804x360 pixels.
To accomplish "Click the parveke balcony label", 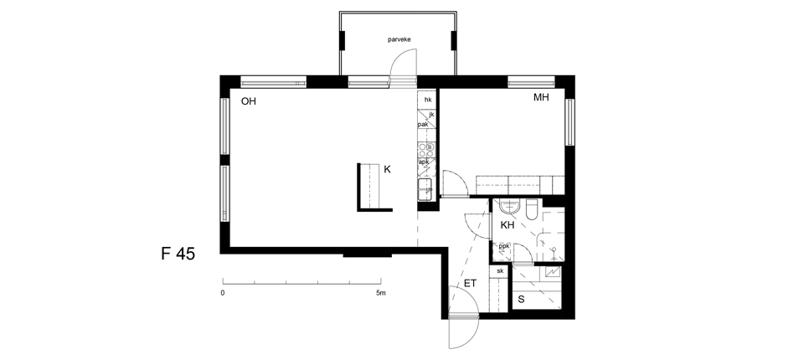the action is [x=399, y=39].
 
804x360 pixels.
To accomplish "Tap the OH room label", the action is [x=249, y=101].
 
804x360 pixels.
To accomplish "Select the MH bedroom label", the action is [x=541, y=97].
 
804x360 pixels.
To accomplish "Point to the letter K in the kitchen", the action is [x=387, y=169].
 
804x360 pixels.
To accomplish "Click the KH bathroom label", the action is [x=508, y=224].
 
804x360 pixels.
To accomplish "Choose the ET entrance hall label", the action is [x=470, y=283].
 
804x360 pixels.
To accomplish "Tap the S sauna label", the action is [x=521, y=300].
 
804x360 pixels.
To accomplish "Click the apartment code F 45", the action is [x=178, y=254].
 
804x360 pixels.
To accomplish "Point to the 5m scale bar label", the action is [x=380, y=293].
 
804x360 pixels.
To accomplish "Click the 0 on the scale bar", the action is [x=223, y=293].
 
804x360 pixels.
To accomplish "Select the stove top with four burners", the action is [x=426, y=150].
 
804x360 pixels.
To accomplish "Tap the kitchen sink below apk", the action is [x=425, y=190].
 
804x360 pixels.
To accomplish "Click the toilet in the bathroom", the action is [x=531, y=209].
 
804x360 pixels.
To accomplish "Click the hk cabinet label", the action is [x=428, y=100].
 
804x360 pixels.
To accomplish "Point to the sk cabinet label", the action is [x=500, y=270].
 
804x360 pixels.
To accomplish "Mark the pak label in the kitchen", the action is [x=423, y=125].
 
